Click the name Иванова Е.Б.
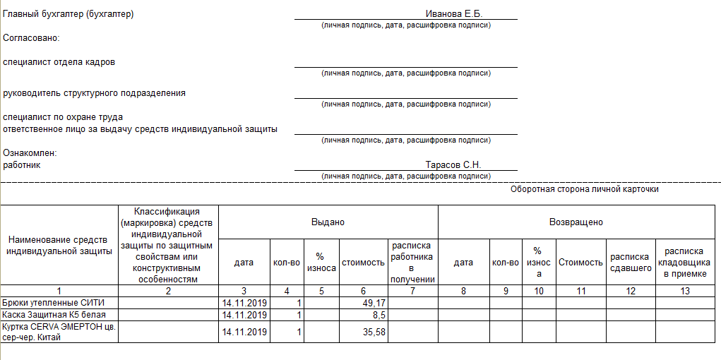[x=453, y=14]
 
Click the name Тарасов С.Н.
[x=453, y=165]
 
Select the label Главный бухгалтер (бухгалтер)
[x=68, y=14]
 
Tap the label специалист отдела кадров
[x=59, y=62]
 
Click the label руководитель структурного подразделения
[x=95, y=93]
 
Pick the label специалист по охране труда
[x=64, y=117]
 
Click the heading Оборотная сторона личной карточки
[x=584, y=190]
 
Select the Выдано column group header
[x=328, y=222]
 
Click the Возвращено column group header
[x=576, y=222]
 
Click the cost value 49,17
[x=374, y=303]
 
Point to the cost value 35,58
[x=374, y=332]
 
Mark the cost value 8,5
[x=379, y=314]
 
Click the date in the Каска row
[x=244, y=314]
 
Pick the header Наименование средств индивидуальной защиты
[x=59, y=246]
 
